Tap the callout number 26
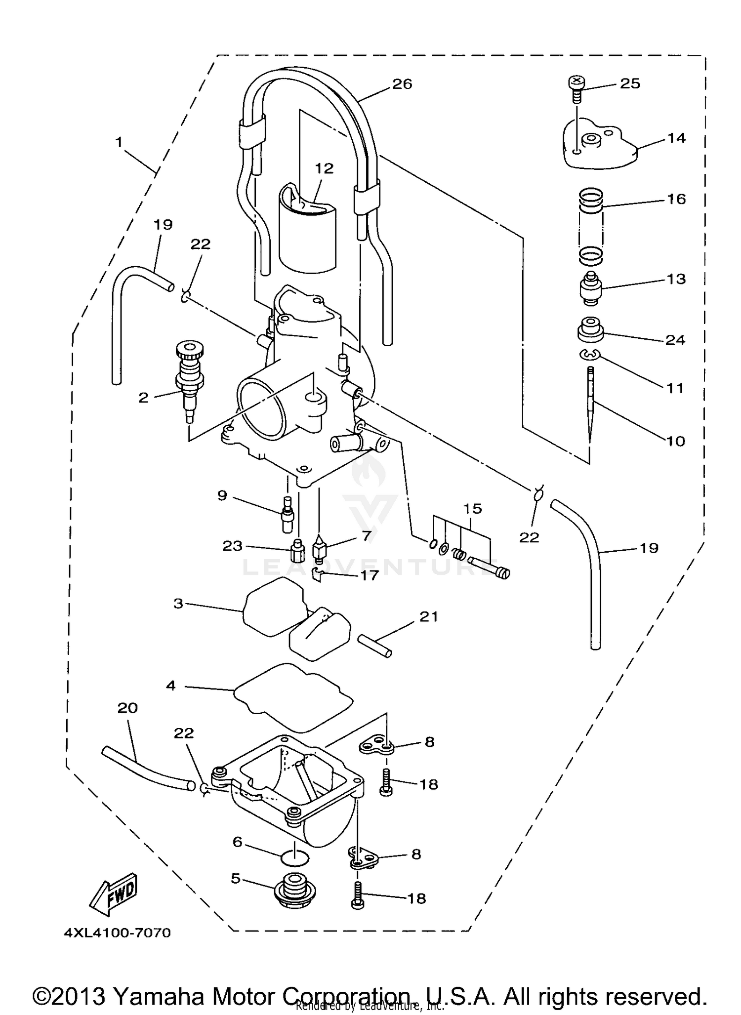tap(402, 84)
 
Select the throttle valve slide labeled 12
tap(306, 232)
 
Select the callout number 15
tap(472, 508)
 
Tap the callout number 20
tap(127, 708)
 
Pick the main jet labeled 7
tap(321, 549)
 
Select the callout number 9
tap(222, 495)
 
